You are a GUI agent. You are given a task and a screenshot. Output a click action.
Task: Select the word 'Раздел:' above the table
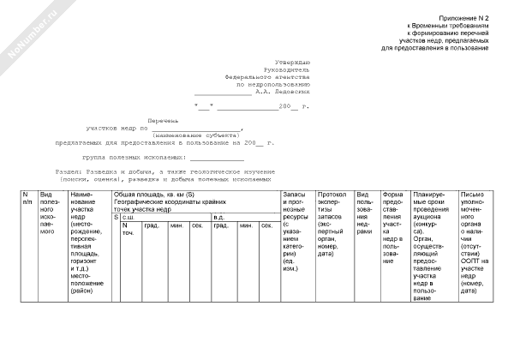[x=70, y=171]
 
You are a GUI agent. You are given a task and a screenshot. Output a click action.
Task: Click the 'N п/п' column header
[x=27, y=201]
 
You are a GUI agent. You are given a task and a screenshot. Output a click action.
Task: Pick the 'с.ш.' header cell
[x=130, y=217]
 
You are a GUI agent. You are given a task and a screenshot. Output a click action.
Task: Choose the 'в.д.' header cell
[x=218, y=217]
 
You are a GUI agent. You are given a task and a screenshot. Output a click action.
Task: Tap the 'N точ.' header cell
[x=128, y=229]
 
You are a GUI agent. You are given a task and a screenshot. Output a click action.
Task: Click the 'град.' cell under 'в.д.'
[x=220, y=225]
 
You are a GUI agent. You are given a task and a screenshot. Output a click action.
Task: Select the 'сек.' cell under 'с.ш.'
[x=197, y=225]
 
